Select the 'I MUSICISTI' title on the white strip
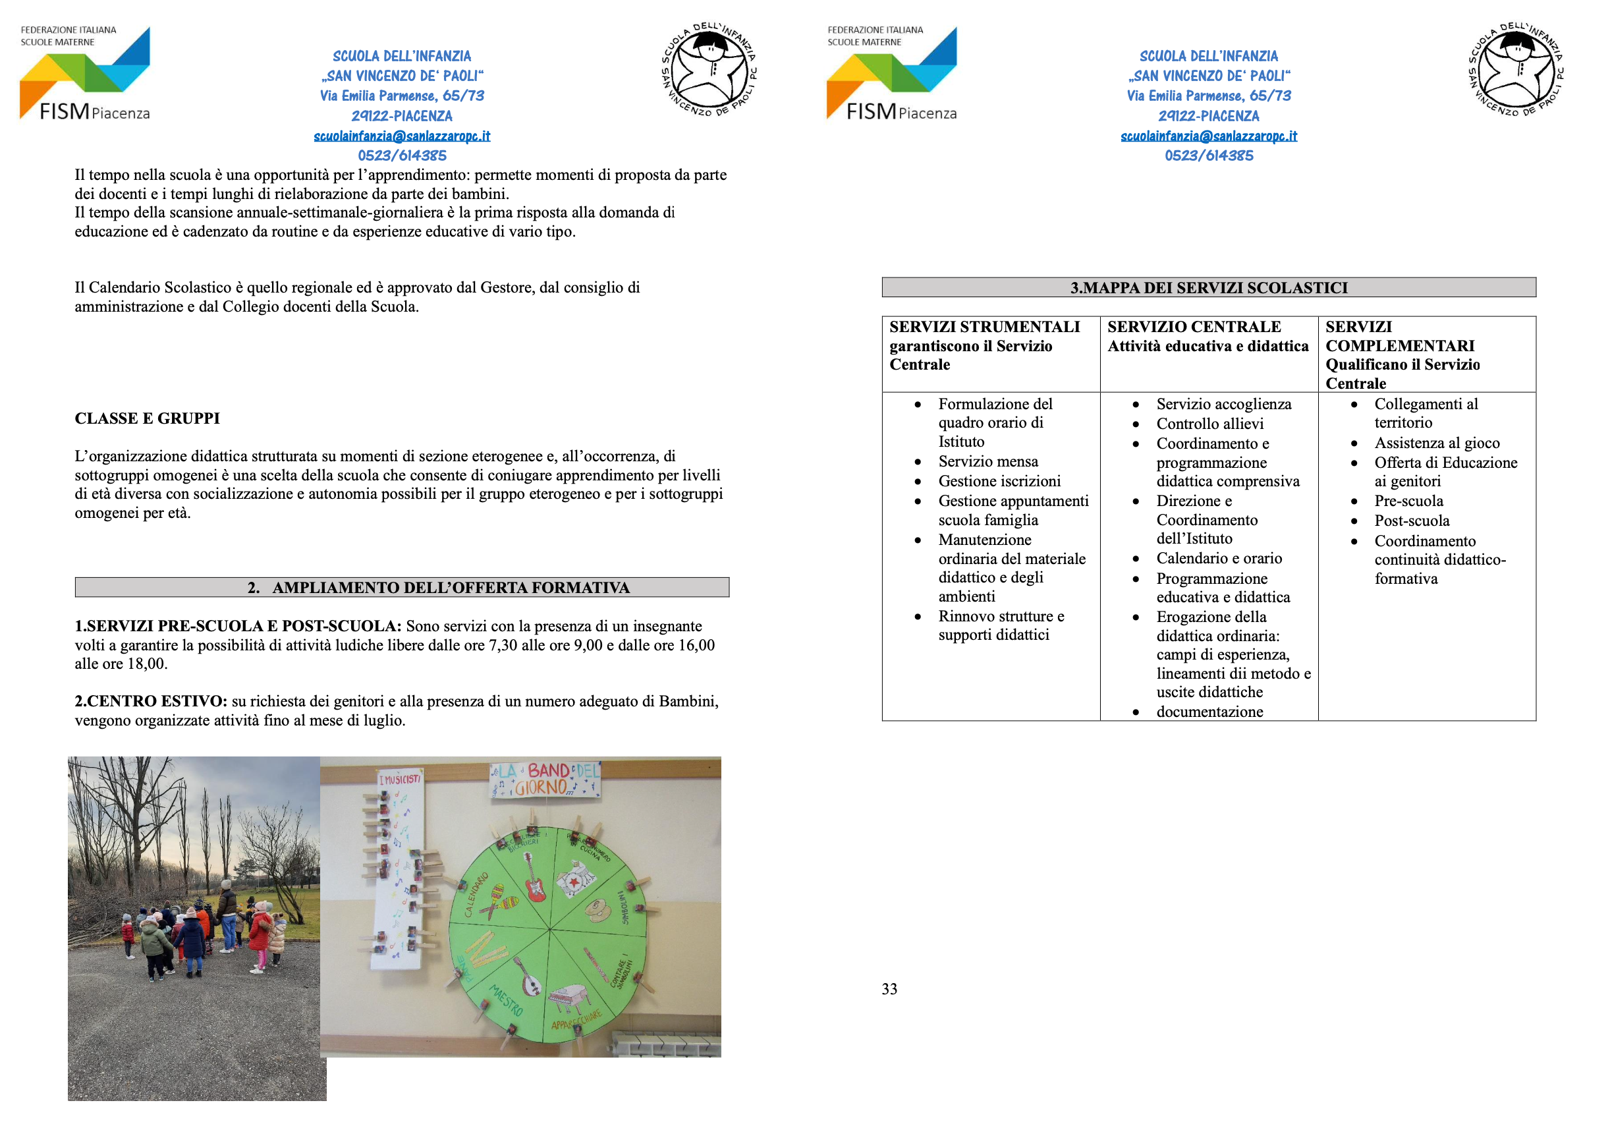click(400, 779)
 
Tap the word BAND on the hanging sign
click(547, 771)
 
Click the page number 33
click(889, 989)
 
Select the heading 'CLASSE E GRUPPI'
click(148, 418)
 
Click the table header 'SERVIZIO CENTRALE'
click(1194, 327)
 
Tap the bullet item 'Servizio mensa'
click(988, 461)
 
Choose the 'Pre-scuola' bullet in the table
click(1408, 501)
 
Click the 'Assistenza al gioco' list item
click(1436, 443)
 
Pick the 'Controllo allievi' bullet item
click(1209, 424)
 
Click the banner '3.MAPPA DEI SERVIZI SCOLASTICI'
click(1208, 287)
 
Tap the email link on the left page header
click(402, 136)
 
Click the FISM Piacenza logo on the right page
click(891, 74)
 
